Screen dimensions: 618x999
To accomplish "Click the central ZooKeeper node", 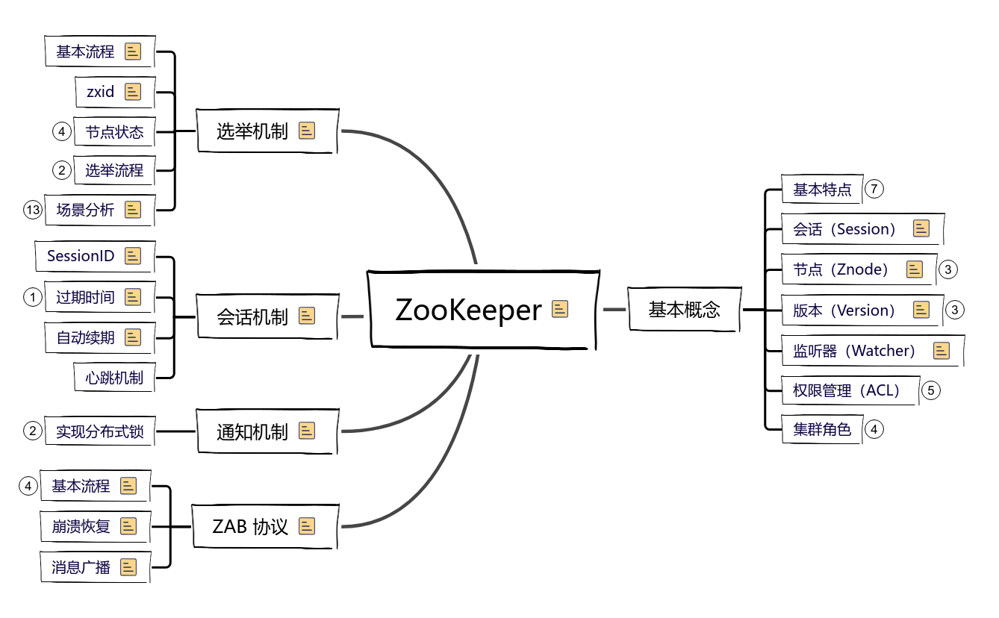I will (x=468, y=309).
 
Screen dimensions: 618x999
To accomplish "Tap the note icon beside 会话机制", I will (x=307, y=316).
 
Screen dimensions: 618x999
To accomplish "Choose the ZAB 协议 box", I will (x=250, y=526).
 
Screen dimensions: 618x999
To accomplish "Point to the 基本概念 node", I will (x=684, y=309).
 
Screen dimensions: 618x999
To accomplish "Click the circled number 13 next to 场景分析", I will (x=32, y=210).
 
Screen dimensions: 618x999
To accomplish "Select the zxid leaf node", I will (x=101, y=92).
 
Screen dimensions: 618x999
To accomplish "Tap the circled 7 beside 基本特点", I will (x=874, y=189).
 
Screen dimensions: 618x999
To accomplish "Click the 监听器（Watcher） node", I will (x=854, y=350).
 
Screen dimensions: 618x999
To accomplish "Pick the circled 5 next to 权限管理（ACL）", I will (x=930, y=390).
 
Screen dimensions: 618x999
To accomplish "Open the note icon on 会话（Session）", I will (x=921, y=229).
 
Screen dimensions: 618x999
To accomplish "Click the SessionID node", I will (x=81, y=256).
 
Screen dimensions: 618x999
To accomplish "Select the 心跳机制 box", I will (x=114, y=378).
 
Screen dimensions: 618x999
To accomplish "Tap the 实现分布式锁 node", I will (x=99, y=431).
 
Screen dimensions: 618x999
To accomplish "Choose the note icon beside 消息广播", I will (x=129, y=567).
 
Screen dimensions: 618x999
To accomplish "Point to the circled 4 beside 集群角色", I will (x=874, y=429).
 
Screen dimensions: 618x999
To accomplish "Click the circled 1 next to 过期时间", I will (x=32, y=297).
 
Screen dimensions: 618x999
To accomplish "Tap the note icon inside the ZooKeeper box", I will (x=560, y=309).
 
